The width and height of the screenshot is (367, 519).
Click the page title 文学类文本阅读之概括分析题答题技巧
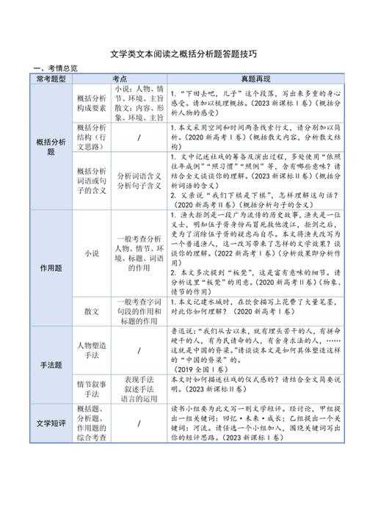pyautogui.click(x=183, y=54)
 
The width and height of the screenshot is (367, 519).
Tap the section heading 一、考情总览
pyautogui.click(x=54, y=68)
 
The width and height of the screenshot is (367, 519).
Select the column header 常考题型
pyautogui.click(x=51, y=78)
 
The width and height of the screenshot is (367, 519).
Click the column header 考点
pyautogui.click(x=119, y=78)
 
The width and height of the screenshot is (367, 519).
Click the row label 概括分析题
pyautogui.click(x=51, y=146)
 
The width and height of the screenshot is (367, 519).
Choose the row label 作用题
pyautogui.click(x=51, y=267)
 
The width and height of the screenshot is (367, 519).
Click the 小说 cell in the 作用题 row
pyautogui.click(x=92, y=253)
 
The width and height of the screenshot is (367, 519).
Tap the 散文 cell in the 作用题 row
pyautogui.click(x=92, y=311)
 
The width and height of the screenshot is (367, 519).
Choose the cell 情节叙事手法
pyautogui.click(x=92, y=388)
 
